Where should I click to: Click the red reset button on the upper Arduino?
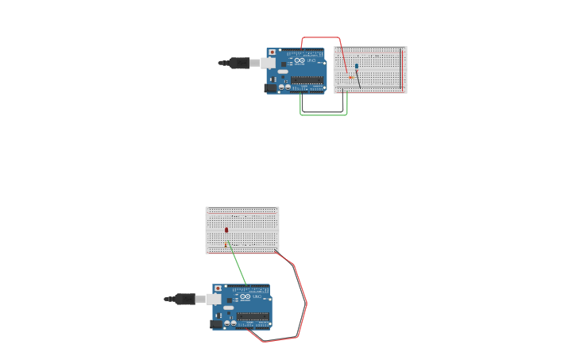pos(273,52)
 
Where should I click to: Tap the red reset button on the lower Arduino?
pos(218,288)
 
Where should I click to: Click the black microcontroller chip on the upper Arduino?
pos(307,80)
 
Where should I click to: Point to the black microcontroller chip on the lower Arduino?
pos(253,316)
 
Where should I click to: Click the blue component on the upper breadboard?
pos(357,67)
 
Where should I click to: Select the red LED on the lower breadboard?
pos(226,230)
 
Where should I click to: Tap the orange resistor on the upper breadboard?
pos(350,77)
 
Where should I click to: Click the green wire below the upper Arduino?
pos(323,114)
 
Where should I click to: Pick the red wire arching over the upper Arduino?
pos(321,37)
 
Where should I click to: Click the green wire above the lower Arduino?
pos(238,265)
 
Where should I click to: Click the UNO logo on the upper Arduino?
pos(300,60)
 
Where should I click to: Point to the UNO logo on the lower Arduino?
pos(245,296)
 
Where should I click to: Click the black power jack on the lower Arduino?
pos(216,324)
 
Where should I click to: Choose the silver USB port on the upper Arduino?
pos(268,63)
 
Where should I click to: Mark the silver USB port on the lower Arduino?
pos(214,299)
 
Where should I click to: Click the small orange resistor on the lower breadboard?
pos(227,242)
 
